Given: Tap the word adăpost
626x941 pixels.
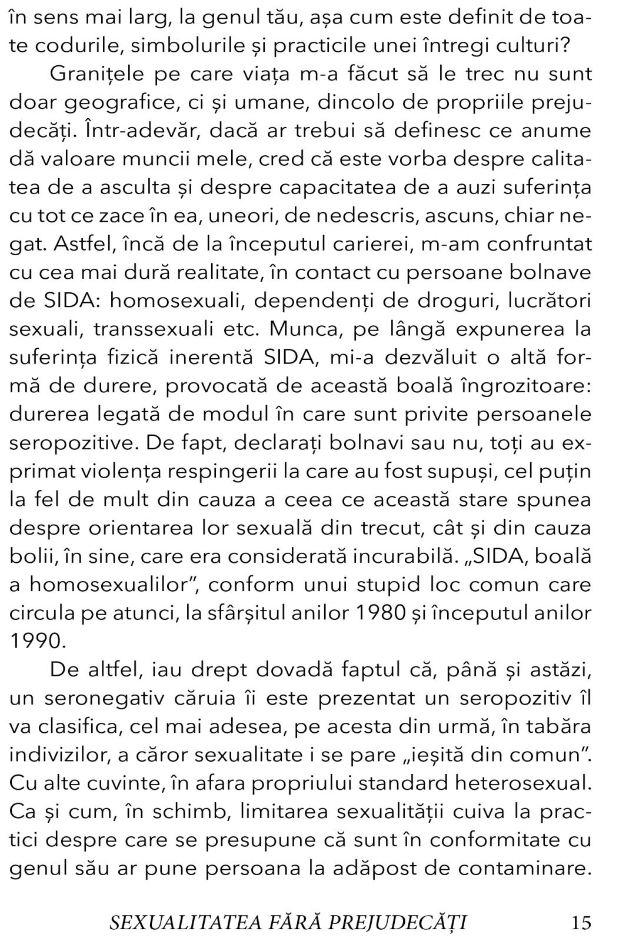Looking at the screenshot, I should (375, 867).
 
